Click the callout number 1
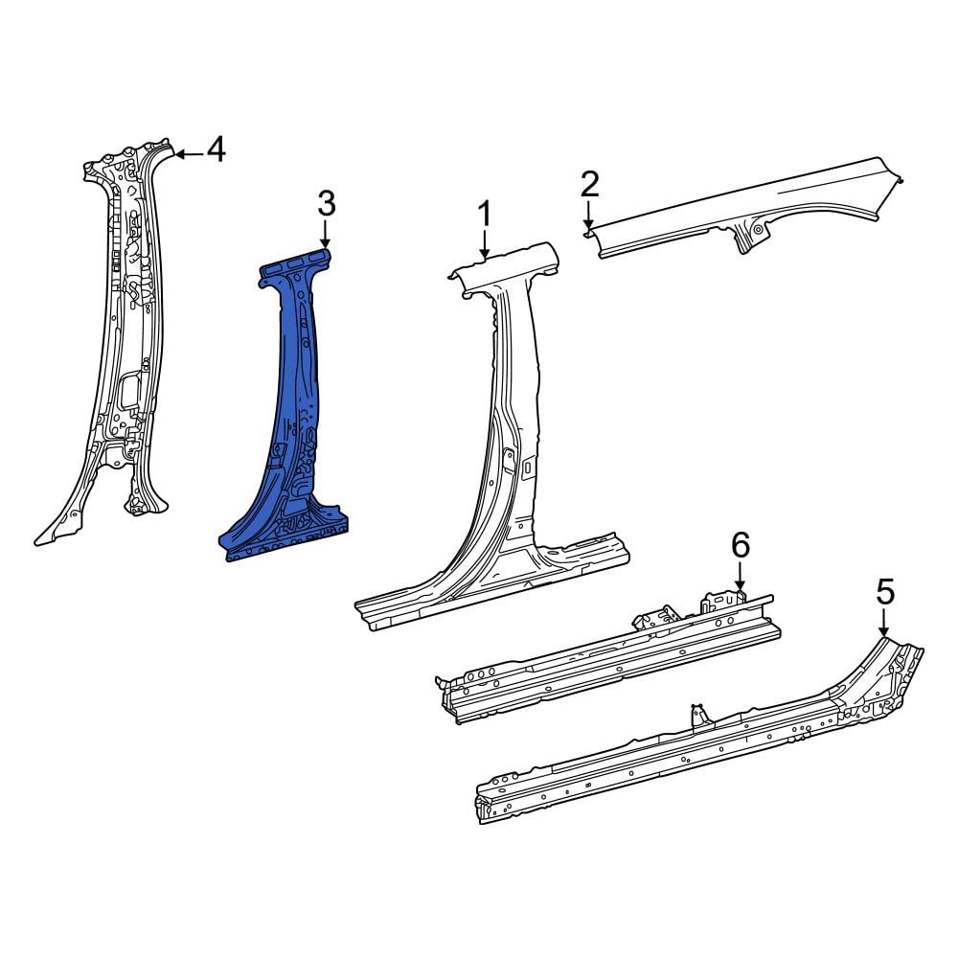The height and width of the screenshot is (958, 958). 484,215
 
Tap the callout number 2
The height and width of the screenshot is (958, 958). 589,185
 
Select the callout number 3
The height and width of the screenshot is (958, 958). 327,203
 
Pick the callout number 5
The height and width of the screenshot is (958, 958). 885,592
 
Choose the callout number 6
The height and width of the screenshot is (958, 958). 741,545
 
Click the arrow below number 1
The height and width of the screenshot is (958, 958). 485,244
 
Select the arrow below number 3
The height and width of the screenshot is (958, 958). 325,234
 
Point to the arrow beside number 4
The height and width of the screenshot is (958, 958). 190,154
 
